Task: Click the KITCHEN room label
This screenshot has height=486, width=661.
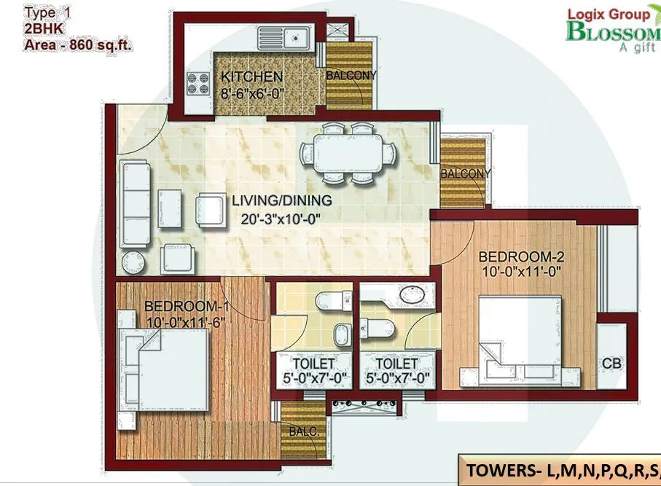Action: pos(252,77)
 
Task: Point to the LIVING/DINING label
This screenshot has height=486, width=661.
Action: pos(282,200)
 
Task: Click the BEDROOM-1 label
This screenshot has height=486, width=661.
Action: pos(182,306)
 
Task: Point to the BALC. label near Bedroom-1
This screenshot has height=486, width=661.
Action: pos(302,431)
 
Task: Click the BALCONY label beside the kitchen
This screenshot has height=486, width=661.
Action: pos(351,75)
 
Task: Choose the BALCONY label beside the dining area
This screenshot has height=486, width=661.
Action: pos(465,173)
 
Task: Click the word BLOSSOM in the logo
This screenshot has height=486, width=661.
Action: pos(612,32)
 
